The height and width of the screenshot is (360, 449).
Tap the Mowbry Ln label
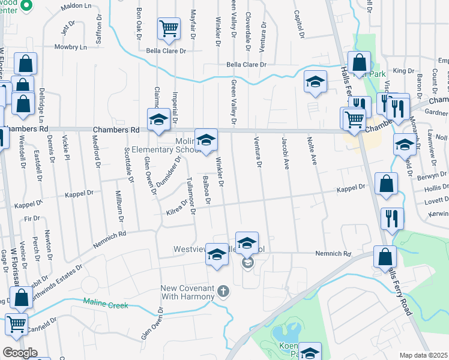coord(70,46)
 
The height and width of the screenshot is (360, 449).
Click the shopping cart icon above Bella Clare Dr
coord(169,28)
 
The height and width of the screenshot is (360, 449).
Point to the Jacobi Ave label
coord(285,152)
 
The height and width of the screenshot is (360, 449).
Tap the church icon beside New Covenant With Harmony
coord(223,292)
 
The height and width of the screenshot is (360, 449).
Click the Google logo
coord(20,353)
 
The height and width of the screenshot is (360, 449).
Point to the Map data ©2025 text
coord(423,355)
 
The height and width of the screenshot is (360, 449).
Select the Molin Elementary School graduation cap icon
coord(206,141)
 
